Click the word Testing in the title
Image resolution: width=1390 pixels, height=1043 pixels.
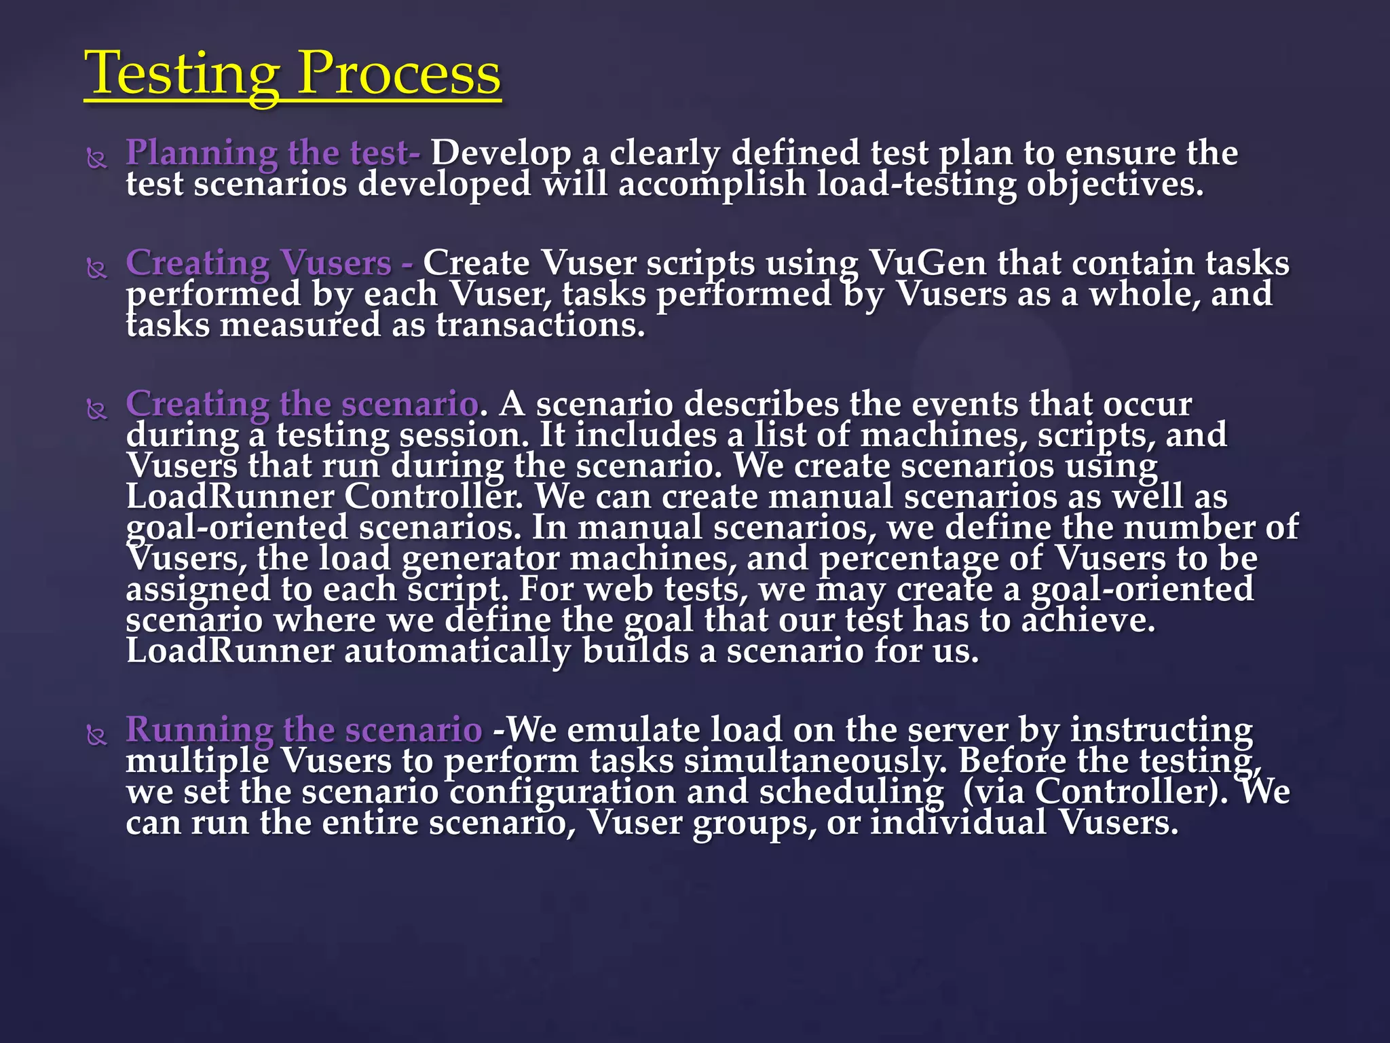point(182,73)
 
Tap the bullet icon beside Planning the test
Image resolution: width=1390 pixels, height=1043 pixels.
point(97,160)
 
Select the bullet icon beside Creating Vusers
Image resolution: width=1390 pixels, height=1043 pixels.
point(97,270)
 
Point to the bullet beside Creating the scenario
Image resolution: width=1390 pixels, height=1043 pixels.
point(97,410)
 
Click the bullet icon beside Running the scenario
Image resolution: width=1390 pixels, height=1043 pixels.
point(97,736)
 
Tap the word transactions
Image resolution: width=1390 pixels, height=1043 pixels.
point(540,325)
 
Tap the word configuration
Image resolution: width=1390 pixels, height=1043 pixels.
point(563,792)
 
